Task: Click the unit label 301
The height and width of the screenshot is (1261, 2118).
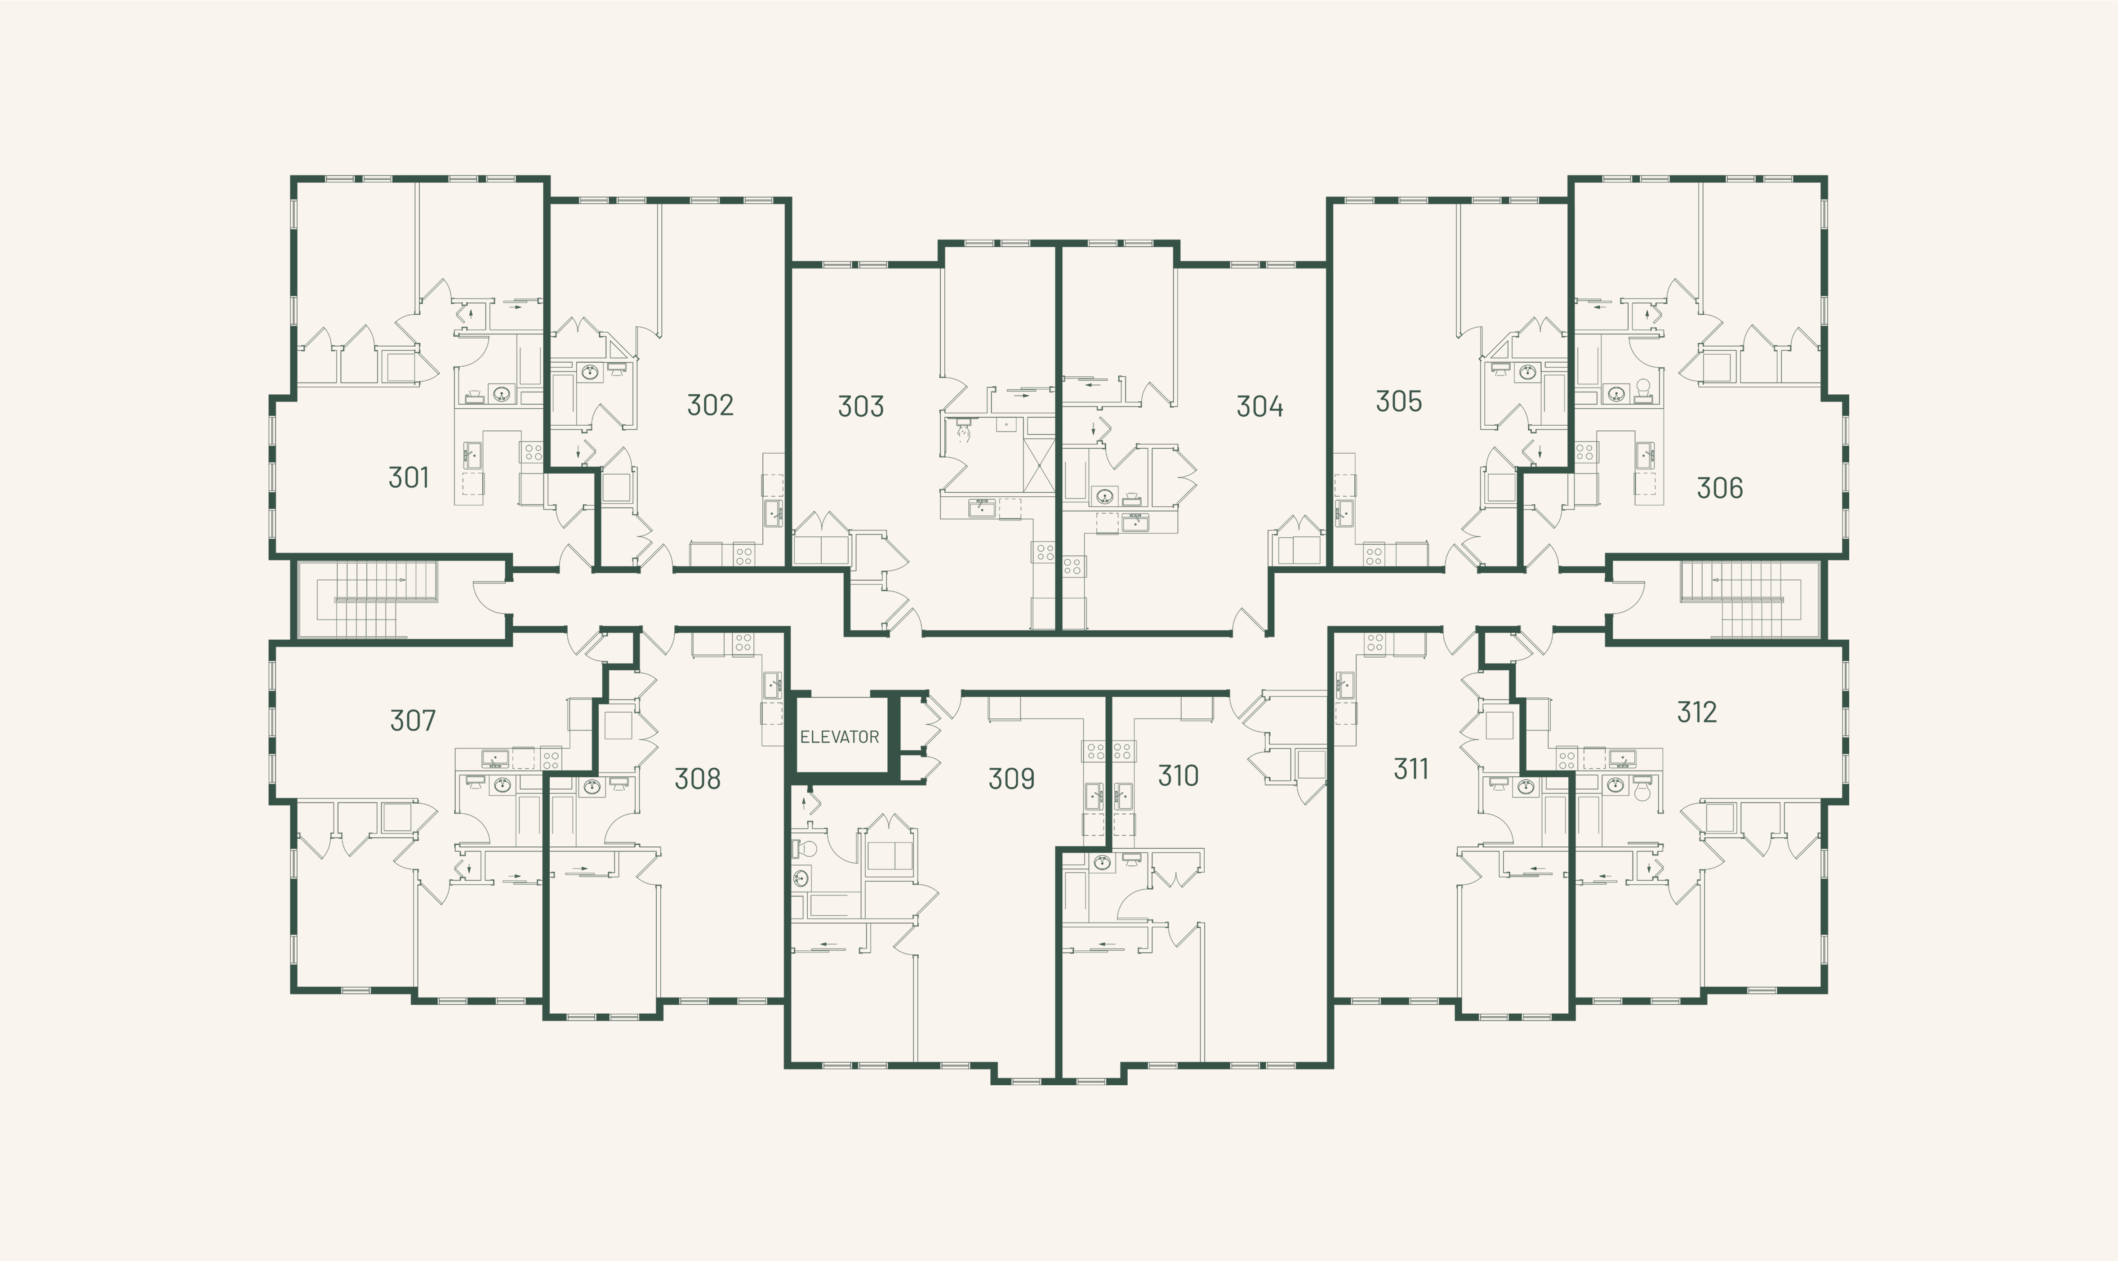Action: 409,477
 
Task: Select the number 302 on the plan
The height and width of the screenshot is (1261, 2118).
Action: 710,405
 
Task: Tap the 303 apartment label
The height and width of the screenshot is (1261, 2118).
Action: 861,407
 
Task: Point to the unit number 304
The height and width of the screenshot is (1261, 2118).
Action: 1259,407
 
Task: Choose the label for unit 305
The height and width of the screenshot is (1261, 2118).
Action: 1398,402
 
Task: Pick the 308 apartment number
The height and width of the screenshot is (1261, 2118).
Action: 698,779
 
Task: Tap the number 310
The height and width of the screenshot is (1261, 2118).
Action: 1179,776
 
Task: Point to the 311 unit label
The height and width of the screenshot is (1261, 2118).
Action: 1411,770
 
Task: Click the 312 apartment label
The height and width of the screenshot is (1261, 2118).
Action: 1697,712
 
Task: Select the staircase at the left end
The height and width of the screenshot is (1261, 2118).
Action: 374,599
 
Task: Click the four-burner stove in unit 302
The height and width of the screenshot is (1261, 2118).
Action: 744,555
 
